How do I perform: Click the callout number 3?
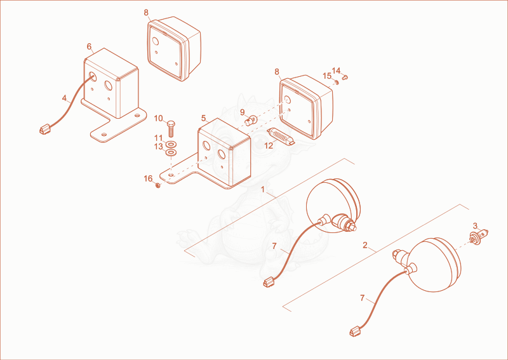coord(475,225)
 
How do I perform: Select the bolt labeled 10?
coord(171,129)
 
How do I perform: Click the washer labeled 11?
coord(171,143)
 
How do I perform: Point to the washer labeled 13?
coord(171,152)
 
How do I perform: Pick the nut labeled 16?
coord(158,185)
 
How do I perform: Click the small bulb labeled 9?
coord(251,121)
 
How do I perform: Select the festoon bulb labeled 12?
coord(281,136)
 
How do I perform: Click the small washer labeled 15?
coord(337,82)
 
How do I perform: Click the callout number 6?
coord(89,46)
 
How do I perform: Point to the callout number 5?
coord(203,118)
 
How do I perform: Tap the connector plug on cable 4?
coord(44,130)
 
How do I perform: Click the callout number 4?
coord(64,98)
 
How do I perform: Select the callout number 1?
coord(263,189)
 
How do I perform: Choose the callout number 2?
coord(365,245)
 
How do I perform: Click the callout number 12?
coord(269,146)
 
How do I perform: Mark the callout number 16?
coord(148,178)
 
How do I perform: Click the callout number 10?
coord(158,118)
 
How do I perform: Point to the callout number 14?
coord(337,70)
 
